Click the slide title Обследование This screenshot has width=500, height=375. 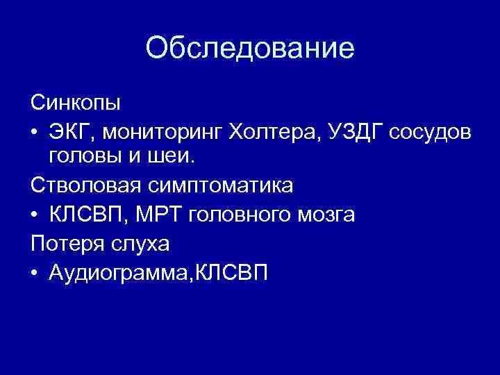pyautogui.click(x=250, y=48)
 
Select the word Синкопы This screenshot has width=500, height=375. pyautogui.click(x=76, y=103)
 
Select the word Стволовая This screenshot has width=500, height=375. pyautogui.click(x=86, y=185)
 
